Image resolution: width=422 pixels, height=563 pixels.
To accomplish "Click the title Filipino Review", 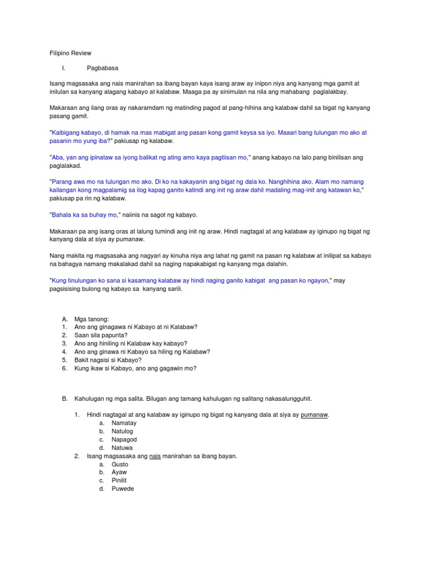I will coord(68,53).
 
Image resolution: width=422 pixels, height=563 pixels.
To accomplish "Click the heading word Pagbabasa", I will coord(103,68).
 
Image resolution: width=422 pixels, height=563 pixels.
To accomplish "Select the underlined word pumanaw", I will coord(315,414).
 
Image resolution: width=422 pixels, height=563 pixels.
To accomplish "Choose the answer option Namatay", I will coord(124,423).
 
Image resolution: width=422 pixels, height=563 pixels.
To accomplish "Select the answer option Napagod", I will coord(124,440).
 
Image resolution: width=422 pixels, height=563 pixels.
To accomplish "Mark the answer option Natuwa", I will coord(123,448).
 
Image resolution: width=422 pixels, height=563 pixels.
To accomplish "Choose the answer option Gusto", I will coord(120,465).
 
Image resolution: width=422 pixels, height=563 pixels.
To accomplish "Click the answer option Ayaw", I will coord(119,472).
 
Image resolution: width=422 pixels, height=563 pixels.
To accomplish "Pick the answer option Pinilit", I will coord(120,481).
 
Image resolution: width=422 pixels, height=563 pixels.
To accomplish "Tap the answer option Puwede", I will coord(123,489).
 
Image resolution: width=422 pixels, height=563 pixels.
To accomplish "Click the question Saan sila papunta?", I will coord(101,335).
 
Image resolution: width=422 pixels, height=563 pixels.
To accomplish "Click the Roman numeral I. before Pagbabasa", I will coord(64,68).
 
